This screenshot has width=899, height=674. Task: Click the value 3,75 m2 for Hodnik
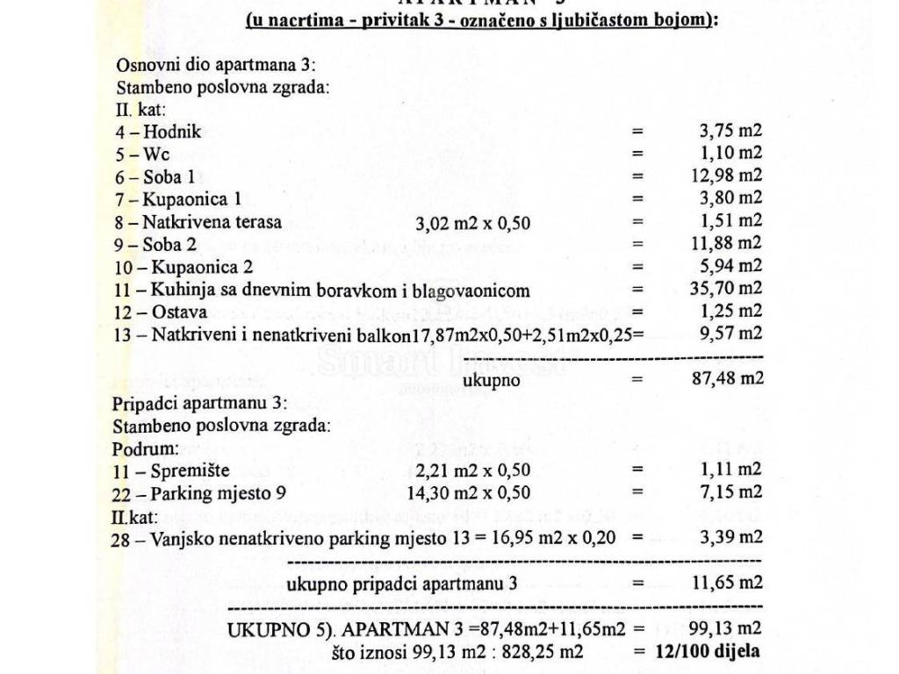click(730, 132)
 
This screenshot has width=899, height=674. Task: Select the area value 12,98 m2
click(726, 176)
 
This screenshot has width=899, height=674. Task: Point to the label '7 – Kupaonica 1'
click(177, 199)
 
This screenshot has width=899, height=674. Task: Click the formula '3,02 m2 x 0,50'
click(472, 223)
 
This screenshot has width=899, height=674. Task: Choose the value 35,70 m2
click(726, 289)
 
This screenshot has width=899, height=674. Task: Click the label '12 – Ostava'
click(161, 312)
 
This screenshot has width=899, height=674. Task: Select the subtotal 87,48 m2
click(726, 378)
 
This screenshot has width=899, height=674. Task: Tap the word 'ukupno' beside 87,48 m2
click(492, 380)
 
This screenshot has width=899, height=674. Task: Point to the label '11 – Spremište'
click(170, 471)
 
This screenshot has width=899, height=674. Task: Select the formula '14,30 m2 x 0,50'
click(469, 493)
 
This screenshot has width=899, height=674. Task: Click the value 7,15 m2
click(730, 492)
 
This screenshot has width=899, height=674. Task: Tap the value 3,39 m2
click(730, 537)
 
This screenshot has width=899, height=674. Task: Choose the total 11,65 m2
click(726, 583)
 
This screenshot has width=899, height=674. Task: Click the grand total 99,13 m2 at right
click(726, 628)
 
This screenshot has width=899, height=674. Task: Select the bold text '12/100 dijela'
click(708, 651)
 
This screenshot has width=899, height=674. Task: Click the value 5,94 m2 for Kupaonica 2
click(730, 266)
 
